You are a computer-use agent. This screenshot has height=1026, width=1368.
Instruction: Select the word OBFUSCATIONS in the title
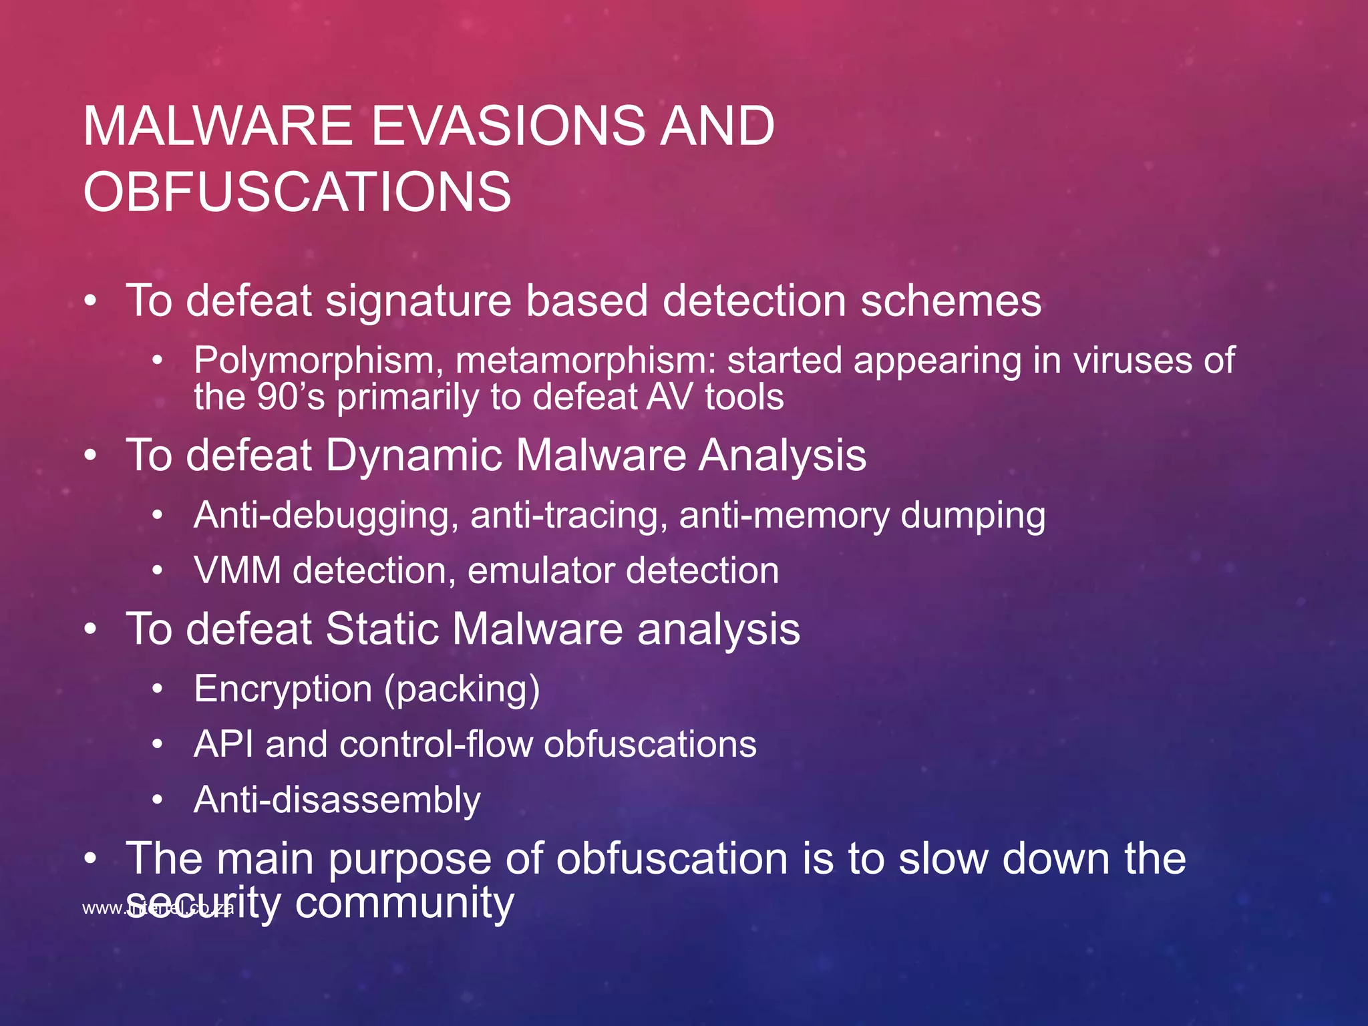[297, 192]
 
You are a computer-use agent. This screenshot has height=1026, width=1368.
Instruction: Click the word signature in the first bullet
[418, 301]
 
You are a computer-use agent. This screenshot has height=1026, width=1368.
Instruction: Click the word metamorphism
[585, 361]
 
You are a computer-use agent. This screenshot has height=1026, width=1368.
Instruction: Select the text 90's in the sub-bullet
[291, 397]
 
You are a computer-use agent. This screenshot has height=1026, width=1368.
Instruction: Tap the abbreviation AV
[670, 397]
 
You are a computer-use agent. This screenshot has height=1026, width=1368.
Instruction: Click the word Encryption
[283, 689]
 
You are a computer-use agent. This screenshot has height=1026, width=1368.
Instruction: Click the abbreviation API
[223, 744]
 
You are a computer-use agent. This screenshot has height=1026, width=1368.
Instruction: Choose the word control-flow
[436, 744]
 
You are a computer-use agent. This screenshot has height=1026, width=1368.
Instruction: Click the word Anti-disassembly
[337, 800]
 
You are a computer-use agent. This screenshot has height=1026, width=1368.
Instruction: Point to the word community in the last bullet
[404, 902]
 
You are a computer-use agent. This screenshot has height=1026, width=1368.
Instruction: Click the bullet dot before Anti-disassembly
[157, 800]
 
